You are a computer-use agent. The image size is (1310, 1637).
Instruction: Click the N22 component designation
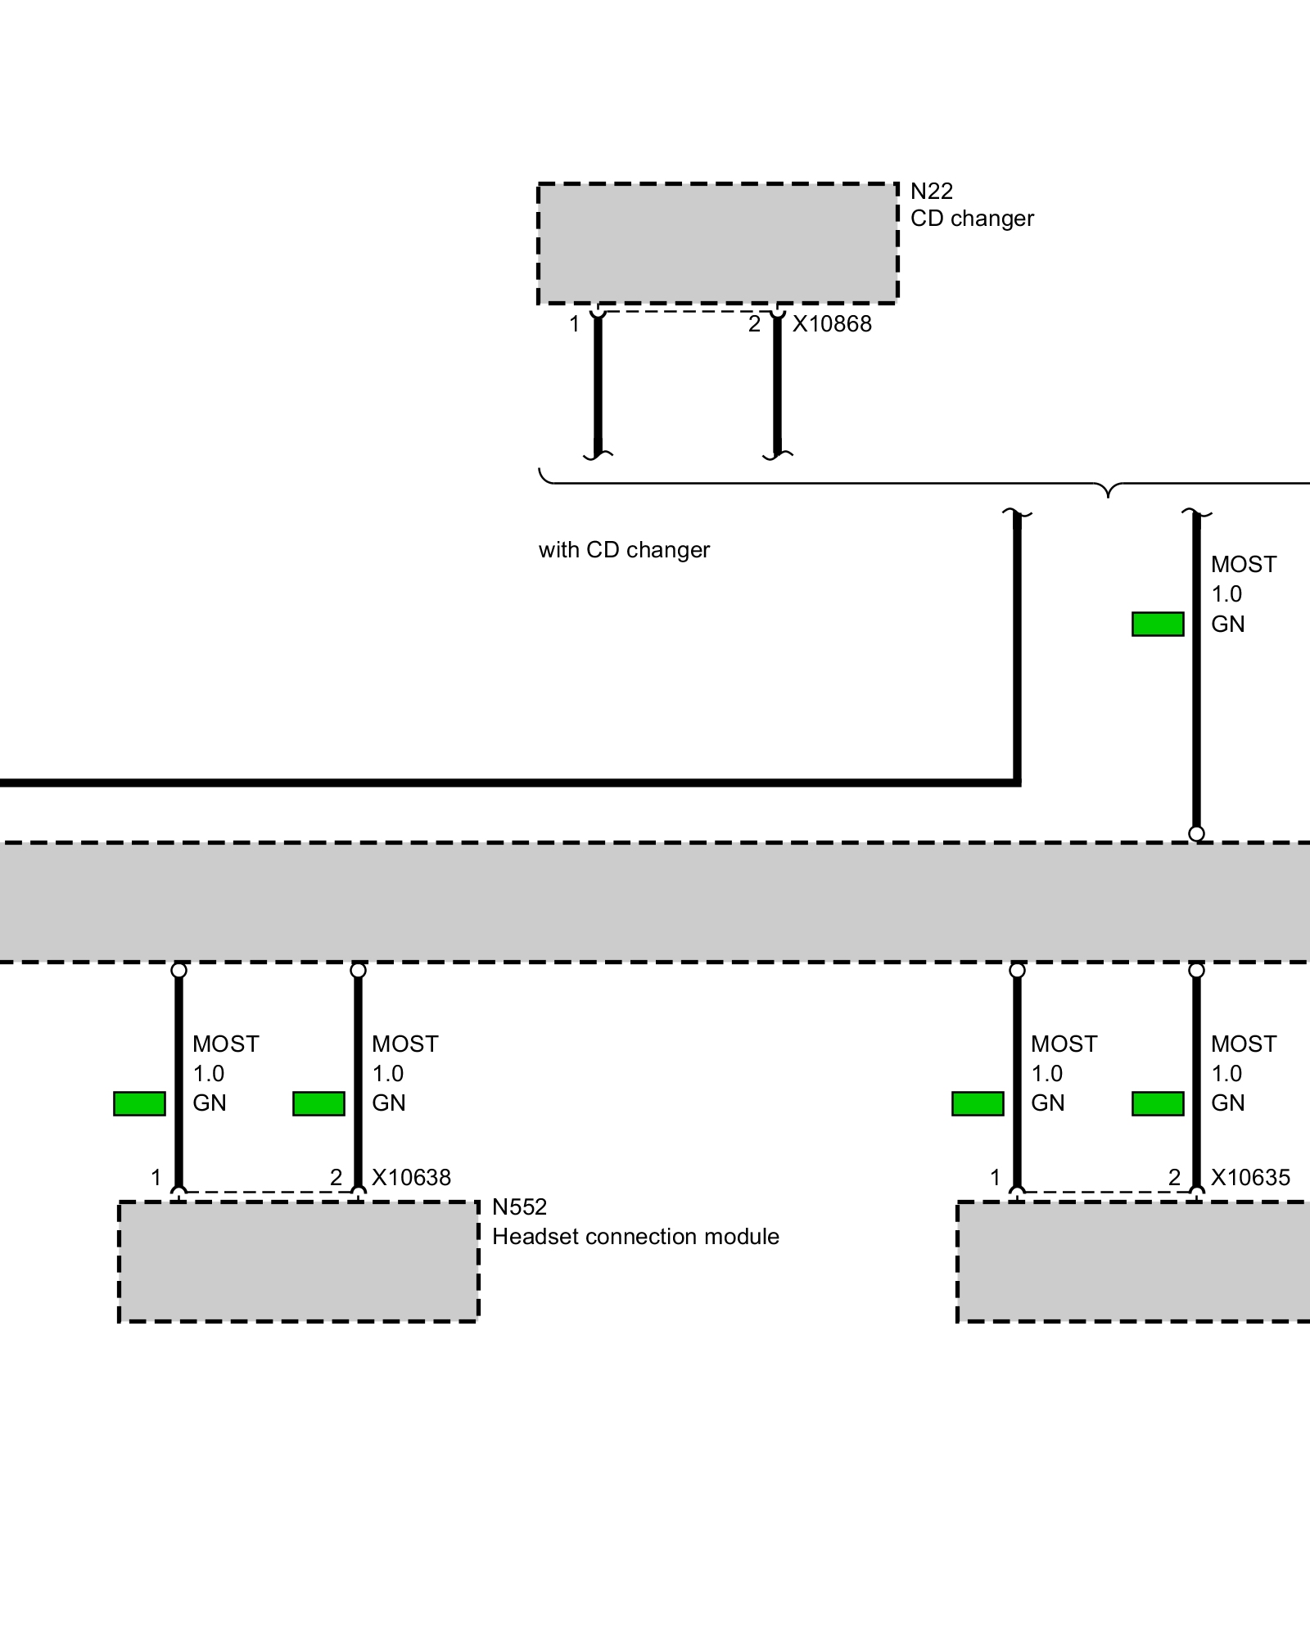click(931, 192)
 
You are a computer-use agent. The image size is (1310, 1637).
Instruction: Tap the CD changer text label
click(972, 219)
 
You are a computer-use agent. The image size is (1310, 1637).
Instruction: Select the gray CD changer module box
click(717, 243)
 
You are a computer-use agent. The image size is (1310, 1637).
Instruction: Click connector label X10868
click(832, 324)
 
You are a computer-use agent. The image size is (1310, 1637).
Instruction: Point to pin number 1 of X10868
click(575, 325)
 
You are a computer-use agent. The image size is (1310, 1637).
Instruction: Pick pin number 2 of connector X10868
click(754, 325)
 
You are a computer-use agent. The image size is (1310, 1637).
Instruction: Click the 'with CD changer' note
click(624, 550)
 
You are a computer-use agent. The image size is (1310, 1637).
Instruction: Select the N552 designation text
click(519, 1207)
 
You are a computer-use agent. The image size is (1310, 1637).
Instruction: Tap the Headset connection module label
click(635, 1237)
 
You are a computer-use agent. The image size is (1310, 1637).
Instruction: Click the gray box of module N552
click(299, 1261)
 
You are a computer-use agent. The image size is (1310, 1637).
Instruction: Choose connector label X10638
click(411, 1178)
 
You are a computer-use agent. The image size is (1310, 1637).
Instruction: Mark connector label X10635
click(1250, 1178)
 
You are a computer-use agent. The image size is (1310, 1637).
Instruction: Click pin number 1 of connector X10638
click(156, 1178)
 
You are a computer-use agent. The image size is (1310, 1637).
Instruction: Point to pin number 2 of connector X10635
click(1174, 1178)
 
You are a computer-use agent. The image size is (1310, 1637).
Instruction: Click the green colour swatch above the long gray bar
click(1158, 625)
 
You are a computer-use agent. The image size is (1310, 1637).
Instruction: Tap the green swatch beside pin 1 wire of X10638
click(139, 1103)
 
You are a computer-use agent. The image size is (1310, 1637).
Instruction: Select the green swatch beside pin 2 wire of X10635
click(1158, 1103)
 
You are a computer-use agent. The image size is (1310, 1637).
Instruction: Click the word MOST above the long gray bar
click(1244, 565)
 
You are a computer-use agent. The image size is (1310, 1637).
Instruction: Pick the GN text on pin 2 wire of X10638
click(389, 1103)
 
